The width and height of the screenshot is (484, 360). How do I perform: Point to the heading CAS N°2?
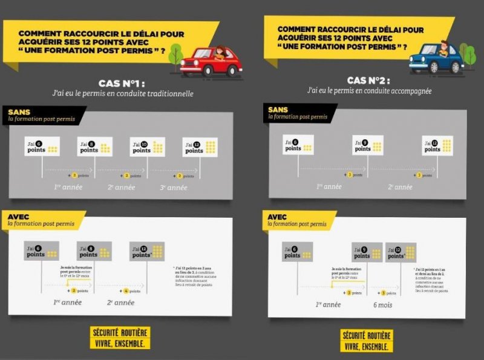(368, 80)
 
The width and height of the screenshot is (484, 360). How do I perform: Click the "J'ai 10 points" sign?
(147, 147)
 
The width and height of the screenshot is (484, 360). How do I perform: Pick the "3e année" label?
(173, 187)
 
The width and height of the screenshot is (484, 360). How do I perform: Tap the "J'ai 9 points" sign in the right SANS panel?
(367, 146)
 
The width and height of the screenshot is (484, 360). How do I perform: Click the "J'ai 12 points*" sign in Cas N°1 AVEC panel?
(146, 251)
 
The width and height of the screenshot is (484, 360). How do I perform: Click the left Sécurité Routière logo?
(120, 338)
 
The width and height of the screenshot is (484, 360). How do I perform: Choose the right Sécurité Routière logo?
(367, 341)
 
